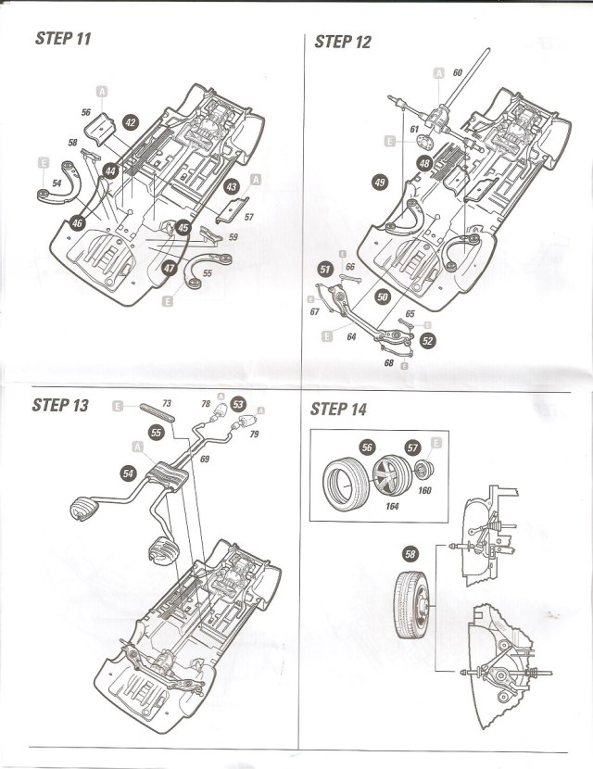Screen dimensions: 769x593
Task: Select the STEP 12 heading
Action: pos(343,41)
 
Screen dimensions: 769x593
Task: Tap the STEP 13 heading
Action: pos(60,405)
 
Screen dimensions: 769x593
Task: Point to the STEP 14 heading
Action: pos(339,409)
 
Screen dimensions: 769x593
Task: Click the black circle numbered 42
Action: pos(130,122)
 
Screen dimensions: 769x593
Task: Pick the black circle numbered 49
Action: pos(379,183)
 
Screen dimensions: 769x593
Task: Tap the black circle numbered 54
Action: pos(128,473)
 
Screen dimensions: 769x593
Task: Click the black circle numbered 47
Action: pos(169,267)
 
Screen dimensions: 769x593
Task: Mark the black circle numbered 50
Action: pos(382,296)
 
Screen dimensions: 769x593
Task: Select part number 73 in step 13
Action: pos(167,404)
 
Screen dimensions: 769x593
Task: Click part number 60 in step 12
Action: pos(458,72)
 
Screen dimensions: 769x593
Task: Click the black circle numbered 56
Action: pos(367,448)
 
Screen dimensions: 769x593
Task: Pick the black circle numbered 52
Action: pos(427,340)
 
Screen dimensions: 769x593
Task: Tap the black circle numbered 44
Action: pos(110,171)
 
